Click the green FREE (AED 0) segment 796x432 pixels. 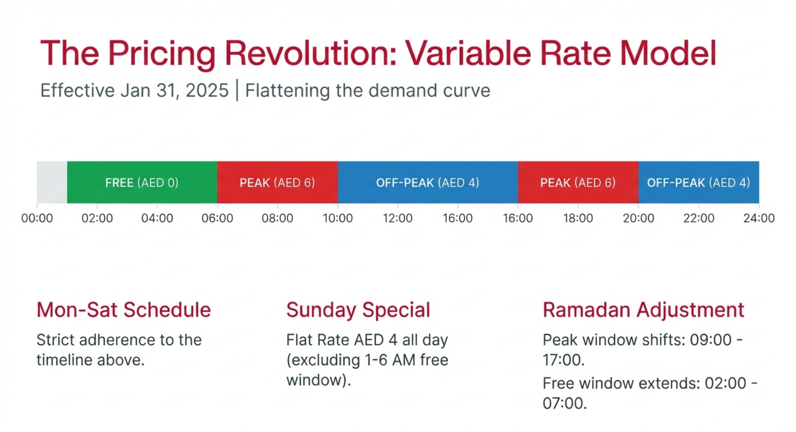[x=142, y=182]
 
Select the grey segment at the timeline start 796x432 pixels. [x=52, y=182]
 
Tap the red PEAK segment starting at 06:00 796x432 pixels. [x=277, y=182]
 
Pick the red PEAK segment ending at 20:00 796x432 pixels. [x=578, y=182]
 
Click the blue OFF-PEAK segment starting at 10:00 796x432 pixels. [x=427, y=182]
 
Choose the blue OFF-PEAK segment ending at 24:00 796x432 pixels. [x=698, y=182]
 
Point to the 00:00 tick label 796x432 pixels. [x=37, y=218]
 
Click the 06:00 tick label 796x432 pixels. [x=217, y=218]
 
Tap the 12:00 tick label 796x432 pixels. [x=398, y=218]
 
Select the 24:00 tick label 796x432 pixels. [x=759, y=218]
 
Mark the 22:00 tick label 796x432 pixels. [x=698, y=218]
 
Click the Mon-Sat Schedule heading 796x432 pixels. [x=124, y=309]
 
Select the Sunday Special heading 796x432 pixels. [x=358, y=309]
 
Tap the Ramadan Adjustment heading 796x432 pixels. [x=643, y=309]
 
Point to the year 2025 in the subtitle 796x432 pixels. [x=207, y=91]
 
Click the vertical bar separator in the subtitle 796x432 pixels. [x=237, y=90]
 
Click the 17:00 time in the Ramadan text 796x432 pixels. [x=563, y=360]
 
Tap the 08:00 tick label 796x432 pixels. [x=277, y=218]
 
